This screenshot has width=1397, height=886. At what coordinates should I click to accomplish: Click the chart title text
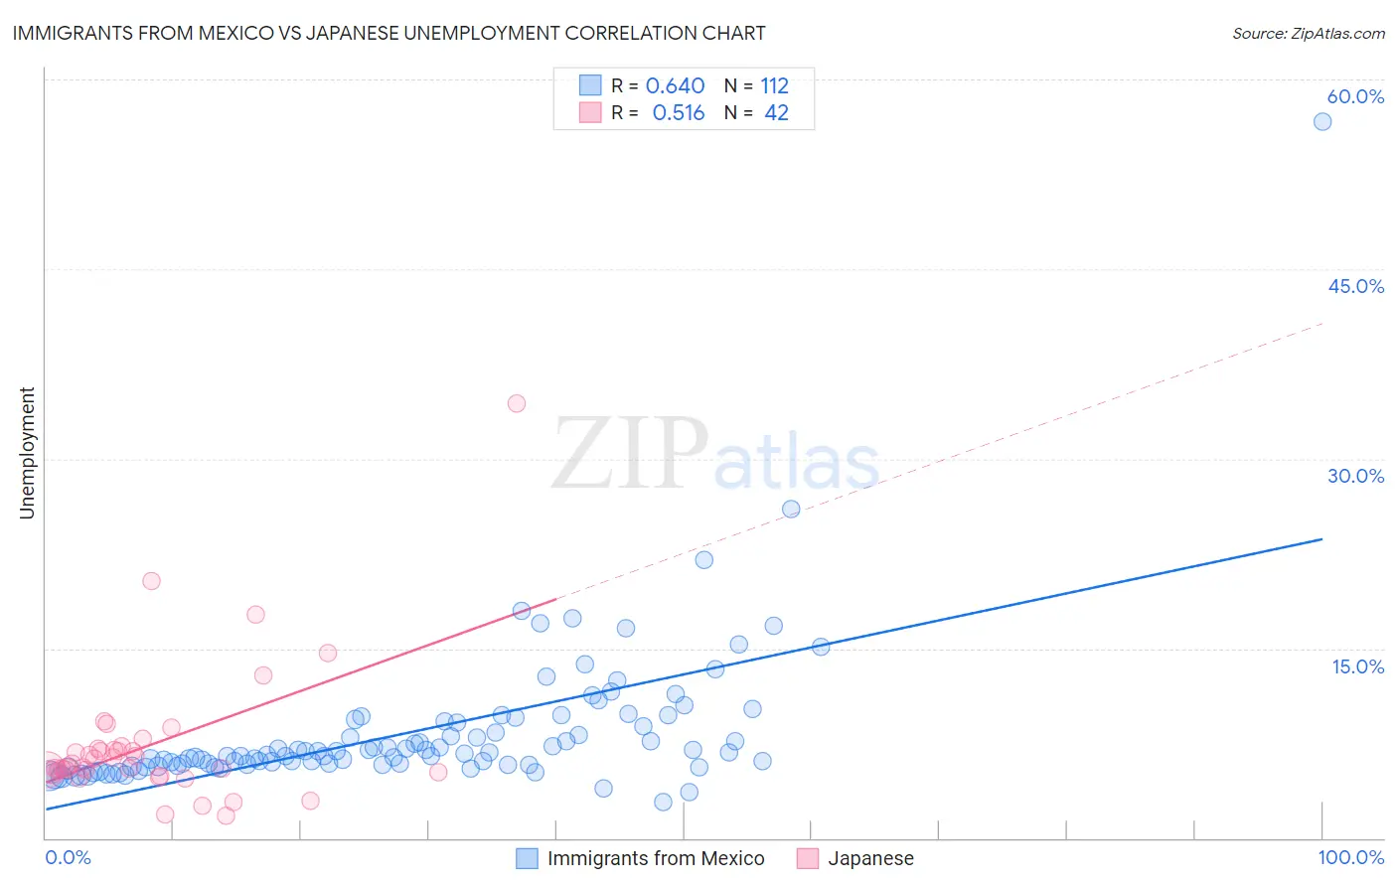[x=388, y=33]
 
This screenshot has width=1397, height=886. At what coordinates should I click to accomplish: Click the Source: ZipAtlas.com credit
[x=1308, y=34]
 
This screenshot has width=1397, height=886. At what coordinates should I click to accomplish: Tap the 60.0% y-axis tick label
[x=1355, y=96]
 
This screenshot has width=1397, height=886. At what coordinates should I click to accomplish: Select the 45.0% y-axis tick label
[x=1355, y=286]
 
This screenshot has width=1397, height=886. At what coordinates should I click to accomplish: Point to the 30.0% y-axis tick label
[x=1355, y=476]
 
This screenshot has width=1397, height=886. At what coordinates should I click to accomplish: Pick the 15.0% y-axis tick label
[x=1357, y=666]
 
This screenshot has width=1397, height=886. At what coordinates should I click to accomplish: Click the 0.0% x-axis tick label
[x=68, y=857]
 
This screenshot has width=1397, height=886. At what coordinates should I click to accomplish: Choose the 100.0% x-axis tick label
[x=1350, y=857]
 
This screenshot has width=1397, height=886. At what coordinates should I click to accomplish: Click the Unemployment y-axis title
[x=27, y=453]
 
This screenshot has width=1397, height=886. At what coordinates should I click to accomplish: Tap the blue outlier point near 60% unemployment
[x=1321, y=121]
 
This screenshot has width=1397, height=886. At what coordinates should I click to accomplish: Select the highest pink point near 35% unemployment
[x=516, y=403]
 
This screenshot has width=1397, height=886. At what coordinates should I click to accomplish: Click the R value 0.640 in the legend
[x=675, y=86]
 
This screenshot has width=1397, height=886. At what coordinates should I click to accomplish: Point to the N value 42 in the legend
[x=776, y=113]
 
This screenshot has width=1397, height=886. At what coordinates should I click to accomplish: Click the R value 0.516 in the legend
[x=678, y=113]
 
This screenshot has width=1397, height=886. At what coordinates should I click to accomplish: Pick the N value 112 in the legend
[x=774, y=86]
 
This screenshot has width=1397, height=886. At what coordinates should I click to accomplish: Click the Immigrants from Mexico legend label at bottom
[x=656, y=858]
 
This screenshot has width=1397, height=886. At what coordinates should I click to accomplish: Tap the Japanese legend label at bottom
[x=870, y=858]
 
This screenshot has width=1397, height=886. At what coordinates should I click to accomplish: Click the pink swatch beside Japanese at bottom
[x=808, y=858]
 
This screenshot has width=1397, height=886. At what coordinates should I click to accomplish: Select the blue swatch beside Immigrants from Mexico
[x=527, y=858]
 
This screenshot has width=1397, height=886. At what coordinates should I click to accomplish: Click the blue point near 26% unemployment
[x=791, y=509]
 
